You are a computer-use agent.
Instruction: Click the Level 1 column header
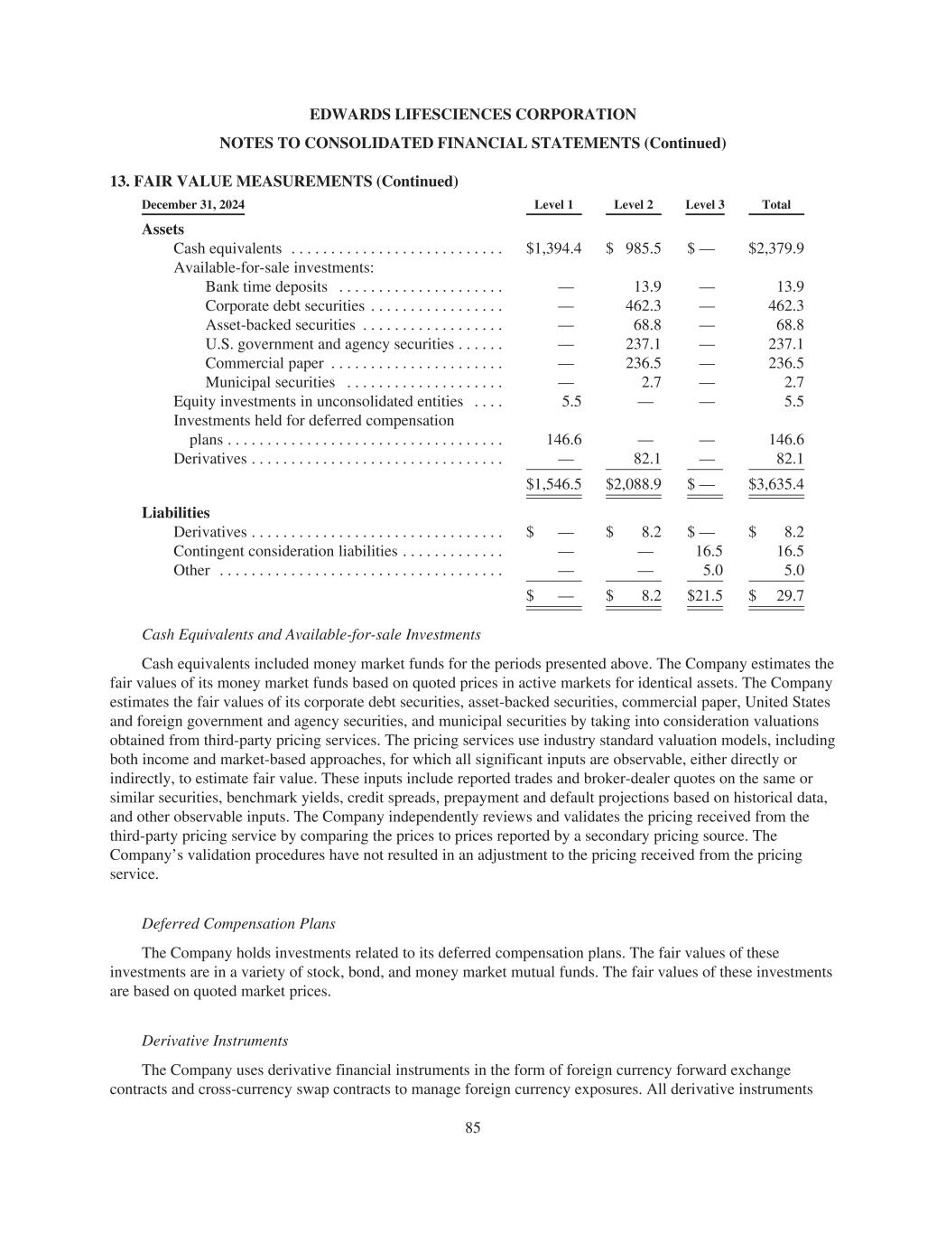[x=553, y=205]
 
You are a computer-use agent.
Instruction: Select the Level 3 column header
[x=704, y=205]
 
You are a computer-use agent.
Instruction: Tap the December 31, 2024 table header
[x=193, y=205]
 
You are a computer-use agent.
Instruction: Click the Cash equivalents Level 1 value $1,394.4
[x=553, y=248]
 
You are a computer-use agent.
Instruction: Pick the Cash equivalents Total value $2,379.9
[x=776, y=248]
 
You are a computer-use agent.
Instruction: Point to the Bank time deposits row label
[x=266, y=286]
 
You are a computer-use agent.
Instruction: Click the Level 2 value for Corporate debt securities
[x=643, y=306]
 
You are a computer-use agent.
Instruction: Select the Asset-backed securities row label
[x=280, y=325]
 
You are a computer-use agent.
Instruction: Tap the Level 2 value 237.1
[x=643, y=344]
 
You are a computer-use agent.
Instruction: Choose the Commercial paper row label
[x=264, y=363]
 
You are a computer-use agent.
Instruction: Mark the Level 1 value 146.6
[x=564, y=440]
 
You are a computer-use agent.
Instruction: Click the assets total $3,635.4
[x=776, y=484]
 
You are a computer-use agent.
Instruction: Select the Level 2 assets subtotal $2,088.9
[x=634, y=484]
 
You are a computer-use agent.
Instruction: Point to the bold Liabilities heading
[x=176, y=513]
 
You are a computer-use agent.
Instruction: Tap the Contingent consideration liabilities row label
[x=285, y=551]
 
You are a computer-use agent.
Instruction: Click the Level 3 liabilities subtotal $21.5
[x=705, y=595]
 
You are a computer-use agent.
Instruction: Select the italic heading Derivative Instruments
[x=215, y=1041]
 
